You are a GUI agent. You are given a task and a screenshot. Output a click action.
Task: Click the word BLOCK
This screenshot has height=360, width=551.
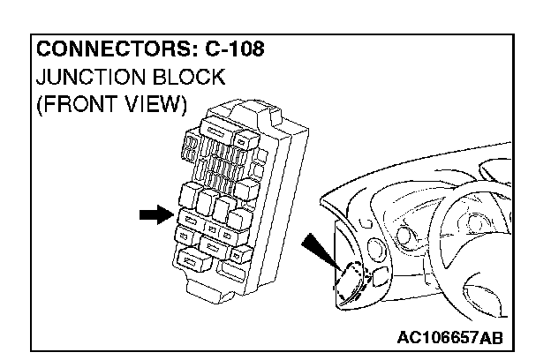pos(189,78)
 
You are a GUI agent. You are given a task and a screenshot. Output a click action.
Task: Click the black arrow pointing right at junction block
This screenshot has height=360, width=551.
pos(154,214)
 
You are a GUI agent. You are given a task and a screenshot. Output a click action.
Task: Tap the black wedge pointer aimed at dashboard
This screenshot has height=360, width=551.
pos(319,251)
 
